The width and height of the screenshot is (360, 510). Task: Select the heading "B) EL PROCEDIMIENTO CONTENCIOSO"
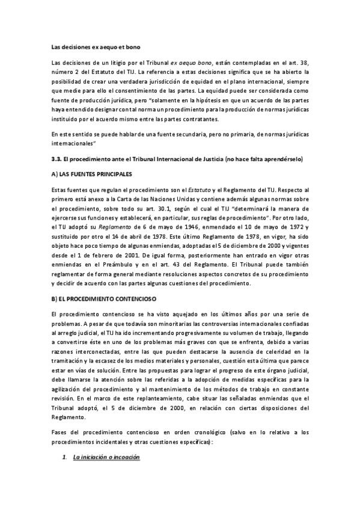point(104,298)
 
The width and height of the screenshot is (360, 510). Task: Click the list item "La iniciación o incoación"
point(106,457)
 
